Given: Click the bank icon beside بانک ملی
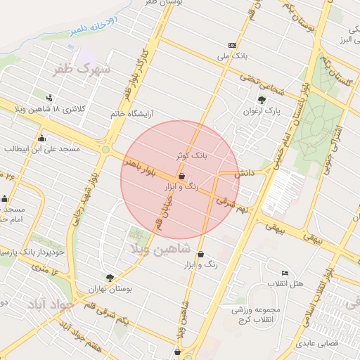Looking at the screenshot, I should [x=233, y=44].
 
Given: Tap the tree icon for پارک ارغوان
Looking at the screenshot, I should [x=262, y=100].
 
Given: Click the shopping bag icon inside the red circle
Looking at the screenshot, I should [x=183, y=176].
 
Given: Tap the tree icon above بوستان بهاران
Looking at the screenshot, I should [x=109, y=277].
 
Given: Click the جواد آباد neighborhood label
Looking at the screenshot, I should [x=50, y=304].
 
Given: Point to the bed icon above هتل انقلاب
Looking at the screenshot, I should [x=284, y=273].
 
